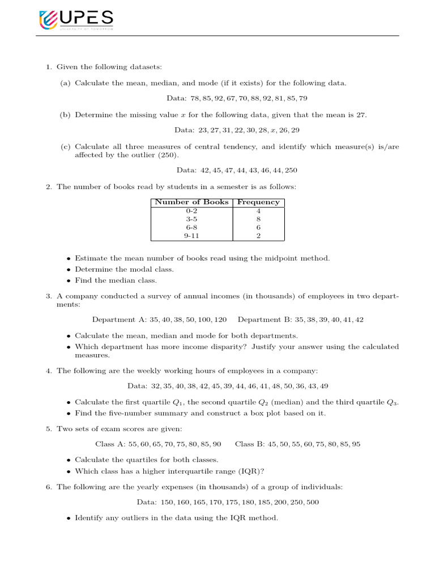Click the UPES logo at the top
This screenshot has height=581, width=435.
(76, 20)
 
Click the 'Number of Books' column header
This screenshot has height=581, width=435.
(191, 202)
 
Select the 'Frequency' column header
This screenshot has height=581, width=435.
(258, 202)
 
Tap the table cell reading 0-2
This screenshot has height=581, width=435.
(191, 210)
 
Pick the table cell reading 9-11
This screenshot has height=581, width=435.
(191, 236)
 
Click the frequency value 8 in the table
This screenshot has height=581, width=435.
(258, 219)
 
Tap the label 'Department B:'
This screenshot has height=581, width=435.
(261, 319)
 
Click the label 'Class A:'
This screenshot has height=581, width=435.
(110, 444)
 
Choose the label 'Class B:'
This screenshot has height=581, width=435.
(250, 444)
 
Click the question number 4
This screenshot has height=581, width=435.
(48, 371)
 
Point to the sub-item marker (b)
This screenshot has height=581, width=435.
(65, 115)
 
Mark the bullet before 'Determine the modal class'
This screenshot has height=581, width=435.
(69, 270)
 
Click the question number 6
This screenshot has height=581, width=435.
(48, 487)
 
